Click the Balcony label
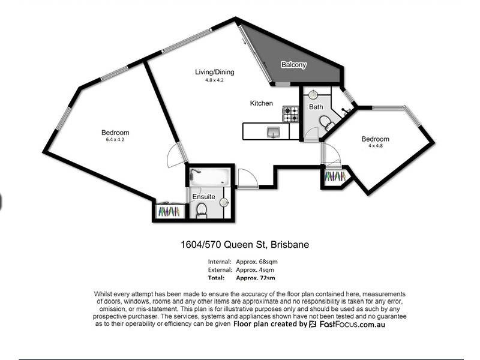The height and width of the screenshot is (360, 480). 294,64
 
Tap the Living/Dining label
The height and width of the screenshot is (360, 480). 214,72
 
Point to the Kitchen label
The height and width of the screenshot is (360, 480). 261,103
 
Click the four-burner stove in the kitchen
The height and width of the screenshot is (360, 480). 291,113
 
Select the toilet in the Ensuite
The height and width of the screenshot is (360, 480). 202,209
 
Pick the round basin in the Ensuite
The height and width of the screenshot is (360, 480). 224,203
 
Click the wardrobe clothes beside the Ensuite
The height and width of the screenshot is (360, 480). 170,212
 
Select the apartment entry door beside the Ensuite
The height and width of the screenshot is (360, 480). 247,178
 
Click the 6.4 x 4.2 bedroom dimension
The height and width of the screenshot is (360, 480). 115,140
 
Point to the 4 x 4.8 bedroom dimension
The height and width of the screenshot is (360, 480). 375,146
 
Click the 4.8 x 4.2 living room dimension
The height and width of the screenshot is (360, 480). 214,80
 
